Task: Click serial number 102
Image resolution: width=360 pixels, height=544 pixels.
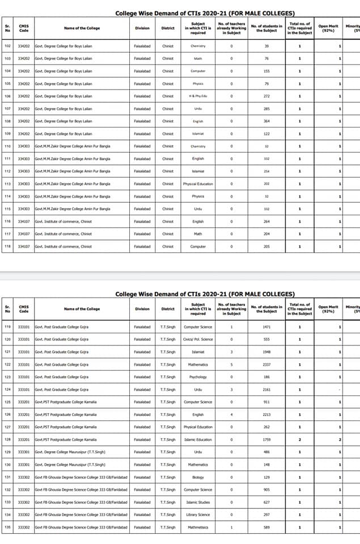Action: [x=7, y=46]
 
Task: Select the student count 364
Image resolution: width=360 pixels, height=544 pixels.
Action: [x=266, y=121]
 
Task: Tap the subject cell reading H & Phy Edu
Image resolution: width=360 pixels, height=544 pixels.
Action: [x=198, y=96]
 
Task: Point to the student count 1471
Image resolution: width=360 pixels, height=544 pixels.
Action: [x=266, y=327]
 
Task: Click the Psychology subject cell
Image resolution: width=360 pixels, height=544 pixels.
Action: [x=198, y=377]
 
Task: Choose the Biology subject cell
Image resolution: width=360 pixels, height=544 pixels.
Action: [x=198, y=477]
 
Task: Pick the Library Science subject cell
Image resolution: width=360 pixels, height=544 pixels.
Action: [x=198, y=515]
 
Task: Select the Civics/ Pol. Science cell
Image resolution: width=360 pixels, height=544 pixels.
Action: [x=198, y=339]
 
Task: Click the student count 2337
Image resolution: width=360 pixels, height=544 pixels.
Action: [x=266, y=364]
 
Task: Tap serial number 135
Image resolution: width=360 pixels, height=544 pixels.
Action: [x=7, y=527]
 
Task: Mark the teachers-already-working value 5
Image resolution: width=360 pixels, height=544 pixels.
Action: [x=231, y=364]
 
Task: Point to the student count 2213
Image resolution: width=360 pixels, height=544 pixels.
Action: [x=266, y=414]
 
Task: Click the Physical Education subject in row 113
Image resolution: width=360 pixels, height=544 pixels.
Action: [x=198, y=184]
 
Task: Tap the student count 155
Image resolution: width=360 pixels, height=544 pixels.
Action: [x=266, y=71]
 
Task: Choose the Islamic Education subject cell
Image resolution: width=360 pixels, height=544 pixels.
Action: [x=198, y=439]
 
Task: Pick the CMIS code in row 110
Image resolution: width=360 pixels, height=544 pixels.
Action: [x=23, y=146]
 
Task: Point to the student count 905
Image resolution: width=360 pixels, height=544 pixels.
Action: [x=266, y=490]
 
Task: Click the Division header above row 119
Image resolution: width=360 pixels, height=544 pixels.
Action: [x=142, y=309]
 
